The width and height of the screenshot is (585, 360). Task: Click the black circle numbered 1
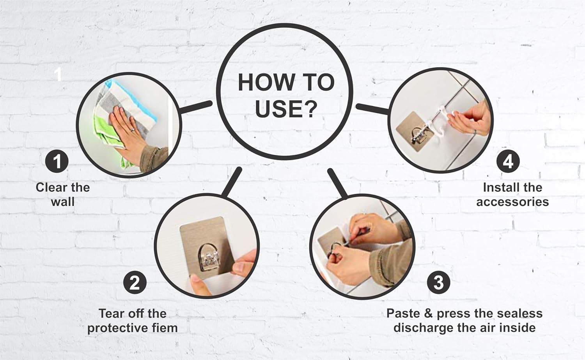click(x=57, y=161)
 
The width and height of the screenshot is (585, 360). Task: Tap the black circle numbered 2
click(x=135, y=282)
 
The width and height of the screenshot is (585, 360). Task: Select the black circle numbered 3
click(x=438, y=282)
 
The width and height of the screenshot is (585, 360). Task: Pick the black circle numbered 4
click(x=508, y=161)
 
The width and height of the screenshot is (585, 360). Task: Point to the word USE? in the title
click(x=286, y=109)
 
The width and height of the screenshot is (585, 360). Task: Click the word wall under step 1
click(x=63, y=202)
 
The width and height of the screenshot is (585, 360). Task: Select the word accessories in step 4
click(x=512, y=202)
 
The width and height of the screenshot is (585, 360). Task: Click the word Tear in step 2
click(x=110, y=314)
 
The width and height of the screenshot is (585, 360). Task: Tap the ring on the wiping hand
click(x=133, y=130)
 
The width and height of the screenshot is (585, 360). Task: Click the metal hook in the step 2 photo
click(x=209, y=257)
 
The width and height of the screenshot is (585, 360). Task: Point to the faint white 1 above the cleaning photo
click(x=58, y=75)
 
